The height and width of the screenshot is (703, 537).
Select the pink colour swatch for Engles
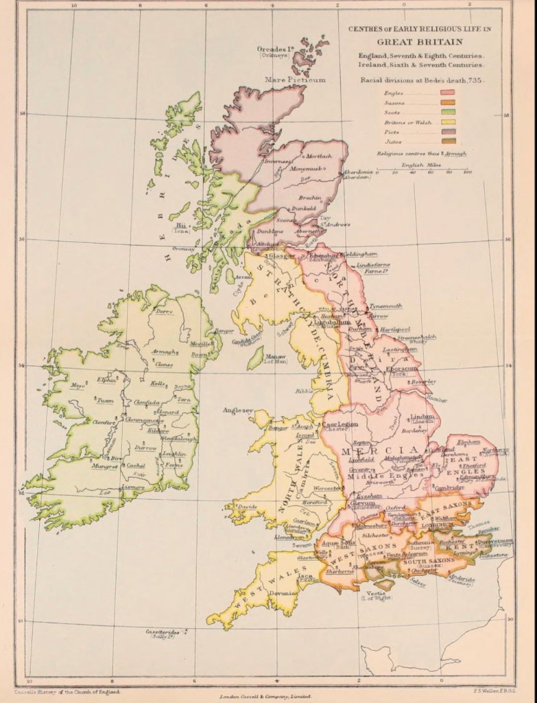click(449, 93)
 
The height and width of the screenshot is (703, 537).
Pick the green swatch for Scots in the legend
click(449, 113)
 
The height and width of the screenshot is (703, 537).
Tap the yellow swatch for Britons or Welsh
click(449, 122)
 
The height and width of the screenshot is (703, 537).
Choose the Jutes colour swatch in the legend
click(449, 141)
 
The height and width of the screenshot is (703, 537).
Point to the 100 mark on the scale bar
click(467, 172)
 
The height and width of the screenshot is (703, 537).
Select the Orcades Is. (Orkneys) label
click(276, 51)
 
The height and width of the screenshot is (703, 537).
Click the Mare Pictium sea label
click(295, 80)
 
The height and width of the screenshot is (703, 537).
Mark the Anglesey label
click(237, 410)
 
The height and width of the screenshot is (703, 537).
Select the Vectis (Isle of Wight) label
click(376, 594)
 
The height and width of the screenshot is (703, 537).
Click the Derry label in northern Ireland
click(164, 311)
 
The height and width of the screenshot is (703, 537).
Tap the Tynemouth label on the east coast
click(385, 306)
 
